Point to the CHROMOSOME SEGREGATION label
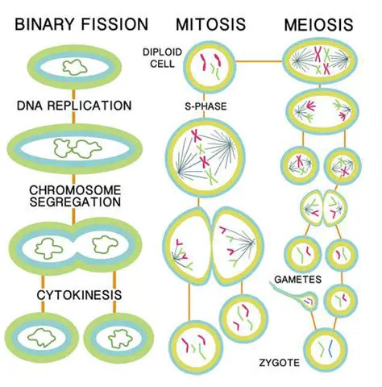tap(74, 196)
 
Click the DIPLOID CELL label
tap(164, 58)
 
